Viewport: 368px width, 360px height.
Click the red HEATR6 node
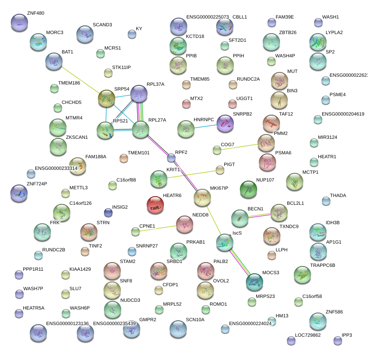point(156,205)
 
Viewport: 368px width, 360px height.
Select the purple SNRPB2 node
point(225,123)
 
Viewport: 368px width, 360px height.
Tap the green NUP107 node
point(248,189)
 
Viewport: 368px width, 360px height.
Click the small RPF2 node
point(171,158)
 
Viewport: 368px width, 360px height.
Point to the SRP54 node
point(106,98)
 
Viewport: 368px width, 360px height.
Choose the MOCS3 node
point(254,282)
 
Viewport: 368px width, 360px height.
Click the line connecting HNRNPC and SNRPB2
point(205,126)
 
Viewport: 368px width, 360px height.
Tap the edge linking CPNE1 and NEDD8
point(156,228)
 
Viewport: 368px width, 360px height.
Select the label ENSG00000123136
point(67,323)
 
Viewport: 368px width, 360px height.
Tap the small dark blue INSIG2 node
point(108,212)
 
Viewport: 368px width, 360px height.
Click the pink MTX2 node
point(186,103)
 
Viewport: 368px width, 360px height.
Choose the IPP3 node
point(337,341)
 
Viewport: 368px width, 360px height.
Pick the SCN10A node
point(178,329)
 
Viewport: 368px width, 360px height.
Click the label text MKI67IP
point(219,188)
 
